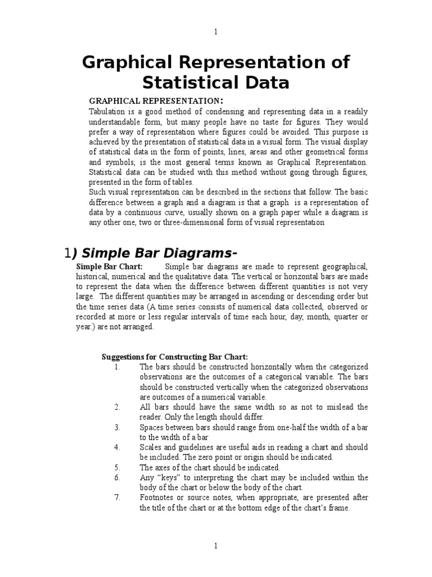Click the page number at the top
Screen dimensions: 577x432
pos(216,32)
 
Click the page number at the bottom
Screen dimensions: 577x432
pos(216,546)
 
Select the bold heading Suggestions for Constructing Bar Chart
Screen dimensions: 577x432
pos(174,357)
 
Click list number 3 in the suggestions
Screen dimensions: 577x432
pos(117,427)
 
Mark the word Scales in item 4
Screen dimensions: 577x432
pos(151,447)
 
